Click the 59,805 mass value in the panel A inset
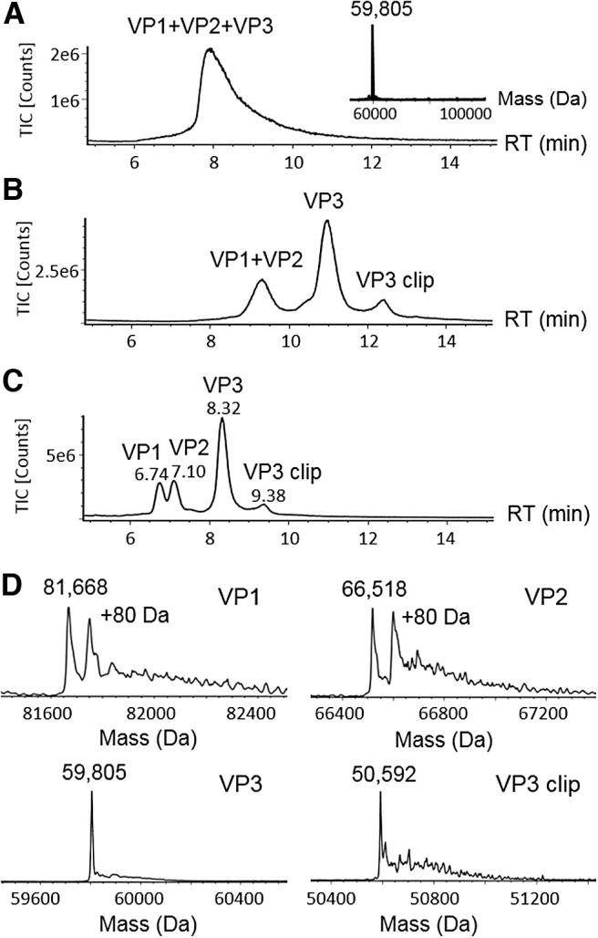(372, 12)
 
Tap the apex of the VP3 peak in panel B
(327, 222)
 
